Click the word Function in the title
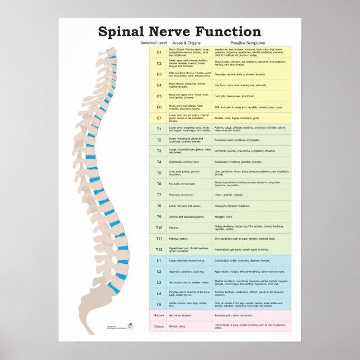229,32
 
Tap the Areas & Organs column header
186,43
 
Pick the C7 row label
159,118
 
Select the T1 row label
159,129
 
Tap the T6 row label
159,183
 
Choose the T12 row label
159,249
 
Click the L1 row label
159,260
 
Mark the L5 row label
159,304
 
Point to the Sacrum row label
159,316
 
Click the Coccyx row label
159,326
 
